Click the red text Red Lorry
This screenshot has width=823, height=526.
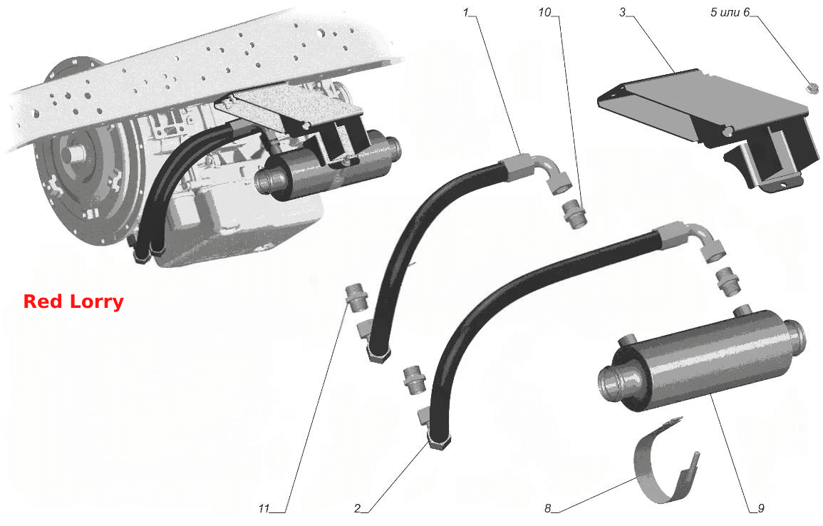point(73,302)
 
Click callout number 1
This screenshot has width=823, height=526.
point(465,11)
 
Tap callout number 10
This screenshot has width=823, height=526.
point(544,11)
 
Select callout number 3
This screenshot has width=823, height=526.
point(623,11)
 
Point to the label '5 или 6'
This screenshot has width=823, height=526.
point(730,12)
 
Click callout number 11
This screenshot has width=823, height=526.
point(264,508)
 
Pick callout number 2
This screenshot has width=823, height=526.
point(358,508)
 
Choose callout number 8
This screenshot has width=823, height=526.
point(548,508)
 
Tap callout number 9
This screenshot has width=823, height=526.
point(760,508)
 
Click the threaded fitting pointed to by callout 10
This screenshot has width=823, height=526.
point(574,215)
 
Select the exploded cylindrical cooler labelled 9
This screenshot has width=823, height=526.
point(703,362)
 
